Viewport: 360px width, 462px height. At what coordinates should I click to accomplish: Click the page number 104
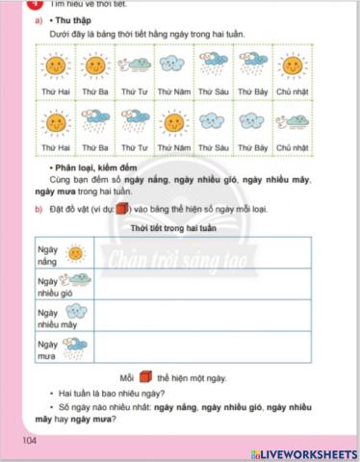26,441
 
